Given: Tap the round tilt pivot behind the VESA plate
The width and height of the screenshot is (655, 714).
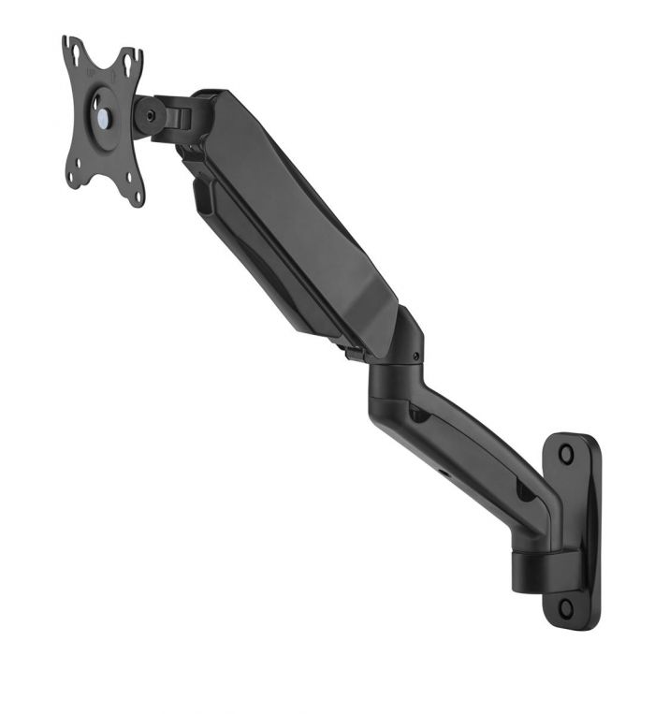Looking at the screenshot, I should coord(147,116).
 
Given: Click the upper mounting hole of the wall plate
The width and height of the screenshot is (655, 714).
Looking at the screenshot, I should coord(565,454).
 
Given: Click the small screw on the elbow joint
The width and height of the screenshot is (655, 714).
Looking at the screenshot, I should coord(412,356).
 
